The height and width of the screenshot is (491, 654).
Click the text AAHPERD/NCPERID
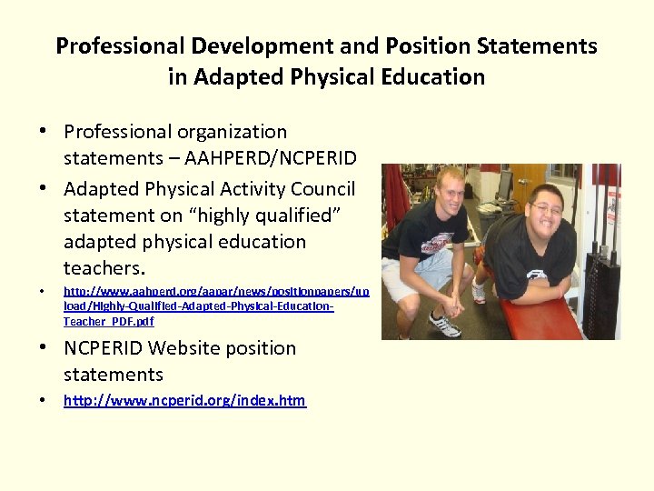pyautogui.click(x=271, y=158)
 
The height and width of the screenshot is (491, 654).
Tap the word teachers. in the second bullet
pyautogui.click(x=104, y=268)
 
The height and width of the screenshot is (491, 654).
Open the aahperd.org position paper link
pyautogui.click(x=215, y=306)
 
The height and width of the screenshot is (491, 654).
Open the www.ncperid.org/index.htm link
pyautogui.click(x=184, y=400)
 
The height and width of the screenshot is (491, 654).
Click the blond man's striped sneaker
pyautogui.click(x=444, y=323)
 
